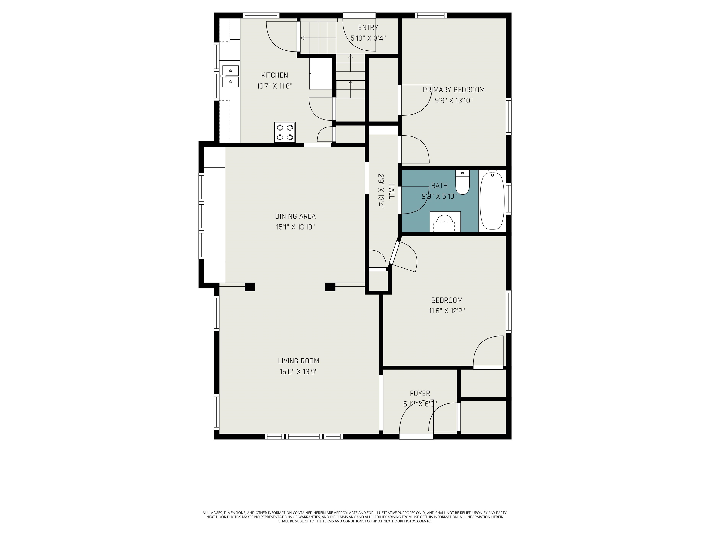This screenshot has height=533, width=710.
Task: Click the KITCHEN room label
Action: (274, 75)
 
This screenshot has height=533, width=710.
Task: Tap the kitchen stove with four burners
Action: (285, 132)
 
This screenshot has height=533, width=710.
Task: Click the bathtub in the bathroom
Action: (492, 201)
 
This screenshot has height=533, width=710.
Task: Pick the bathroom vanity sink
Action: (445, 222)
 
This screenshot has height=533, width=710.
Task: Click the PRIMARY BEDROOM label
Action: (453, 90)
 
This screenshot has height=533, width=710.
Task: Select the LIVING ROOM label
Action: (299, 361)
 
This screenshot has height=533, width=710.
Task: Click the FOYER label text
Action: (420, 393)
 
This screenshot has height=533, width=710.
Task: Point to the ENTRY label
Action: (368, 28)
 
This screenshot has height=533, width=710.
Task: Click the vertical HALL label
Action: (391, 192)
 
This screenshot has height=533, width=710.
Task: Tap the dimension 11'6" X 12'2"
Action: (447, 311)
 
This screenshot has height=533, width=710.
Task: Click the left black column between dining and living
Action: (250, 287)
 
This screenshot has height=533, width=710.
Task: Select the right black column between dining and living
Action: (330, 287)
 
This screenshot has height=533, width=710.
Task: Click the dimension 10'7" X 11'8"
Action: (274, 86)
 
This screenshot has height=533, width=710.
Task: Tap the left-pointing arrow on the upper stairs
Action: (302, 38)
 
